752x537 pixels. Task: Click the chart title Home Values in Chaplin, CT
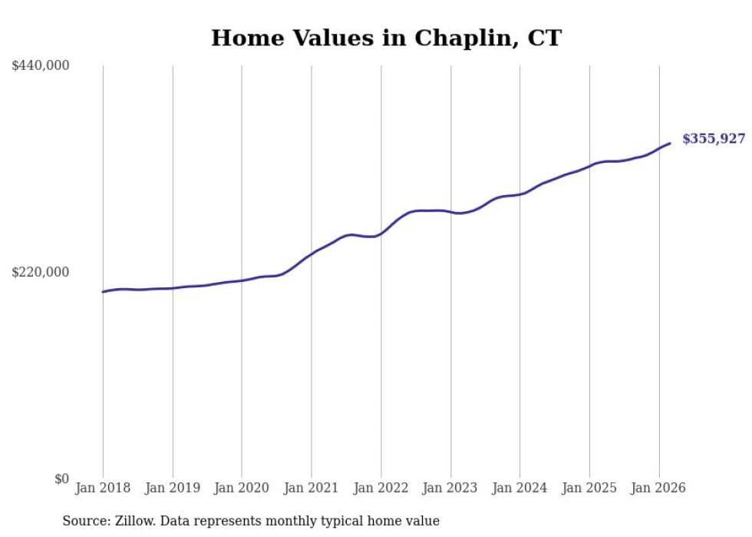tap(386, 38)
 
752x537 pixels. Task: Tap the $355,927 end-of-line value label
tap(714, 138)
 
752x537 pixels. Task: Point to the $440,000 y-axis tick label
tap(41, 66)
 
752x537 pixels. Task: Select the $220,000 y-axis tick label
tap(41, 272)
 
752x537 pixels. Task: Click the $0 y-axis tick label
tap(61, 479)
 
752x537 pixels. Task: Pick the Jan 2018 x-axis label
tap(103, 488)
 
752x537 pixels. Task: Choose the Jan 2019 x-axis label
tap(173, 488)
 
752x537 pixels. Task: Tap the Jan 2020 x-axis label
tap(242, 488)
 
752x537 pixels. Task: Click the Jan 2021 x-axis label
tap(312, 488)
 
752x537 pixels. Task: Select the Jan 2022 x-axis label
tap(381, 488)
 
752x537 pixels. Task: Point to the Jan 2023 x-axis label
tap(450, 488)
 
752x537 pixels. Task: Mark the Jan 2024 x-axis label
tap(519, 488)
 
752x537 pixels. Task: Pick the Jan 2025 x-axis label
tap(589, 488)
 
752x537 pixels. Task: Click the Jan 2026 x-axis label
tap(658, 488)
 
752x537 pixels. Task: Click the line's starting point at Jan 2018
tap(103, 292)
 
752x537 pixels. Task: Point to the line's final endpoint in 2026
tap(670, 143)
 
